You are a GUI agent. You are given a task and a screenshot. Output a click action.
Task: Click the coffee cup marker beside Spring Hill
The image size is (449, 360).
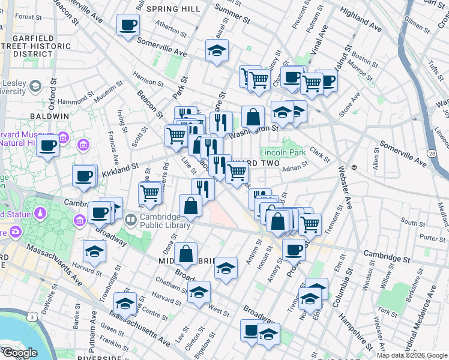128,25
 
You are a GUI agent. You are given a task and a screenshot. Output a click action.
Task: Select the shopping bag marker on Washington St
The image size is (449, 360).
253,116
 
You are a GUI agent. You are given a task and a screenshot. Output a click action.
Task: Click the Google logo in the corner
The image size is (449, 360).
20,353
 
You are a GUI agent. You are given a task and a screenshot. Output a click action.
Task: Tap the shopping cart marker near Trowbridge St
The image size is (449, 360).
150,193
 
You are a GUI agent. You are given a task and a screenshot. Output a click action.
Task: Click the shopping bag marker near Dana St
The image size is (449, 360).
186,254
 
